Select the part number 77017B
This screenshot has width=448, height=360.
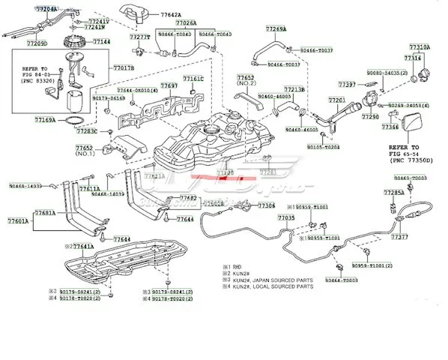[124, 68]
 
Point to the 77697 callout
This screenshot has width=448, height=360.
[169, 86]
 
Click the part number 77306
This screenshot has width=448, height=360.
[266, 205]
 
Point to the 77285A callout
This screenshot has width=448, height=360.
[393, 193]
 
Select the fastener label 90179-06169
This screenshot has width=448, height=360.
[88, 97]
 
